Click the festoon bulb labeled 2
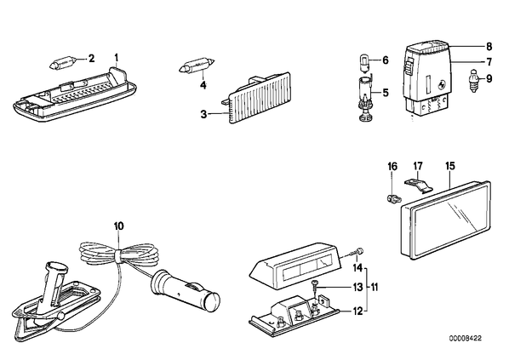pyautogui.click(x=63, y=61)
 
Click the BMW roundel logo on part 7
pyautogui.click(x=442, y=84)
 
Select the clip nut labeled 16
pyautogui.click(x=393, y=197)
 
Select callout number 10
pyautogui.click(x=119, y=226)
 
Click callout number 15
pyautogui.click(x=450, y=166)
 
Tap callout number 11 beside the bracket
pyautogui.click(x=375, y=288)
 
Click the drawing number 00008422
pyautogui.click(x=466, y=338)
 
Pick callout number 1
pyautogui.click(x=117, y=58)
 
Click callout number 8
pyautogui.click(x=489, y=47)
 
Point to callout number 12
pyautogui.click(x=357, y=311)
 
